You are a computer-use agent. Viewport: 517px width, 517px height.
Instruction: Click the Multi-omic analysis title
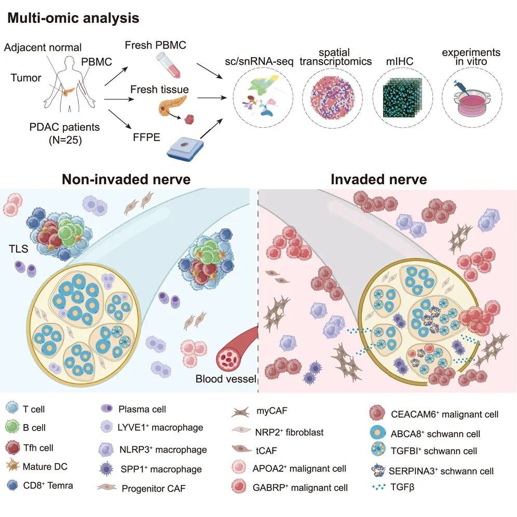(73, 18)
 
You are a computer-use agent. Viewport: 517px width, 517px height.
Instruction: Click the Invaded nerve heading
(379, 180)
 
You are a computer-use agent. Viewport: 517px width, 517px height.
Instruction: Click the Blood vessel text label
(226, 379)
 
